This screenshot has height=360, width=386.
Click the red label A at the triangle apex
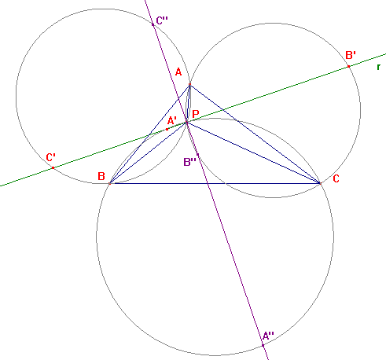[x=178, y=72]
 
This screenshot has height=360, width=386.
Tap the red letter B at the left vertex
[x=101, y=176]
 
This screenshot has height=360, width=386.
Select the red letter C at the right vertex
[x=336, y=178]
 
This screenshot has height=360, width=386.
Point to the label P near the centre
[x=196, y=114]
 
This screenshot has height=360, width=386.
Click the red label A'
[x=172, y=121]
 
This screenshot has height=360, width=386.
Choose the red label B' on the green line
[x=351, y=55]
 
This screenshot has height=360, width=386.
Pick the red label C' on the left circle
[x=50, y=157]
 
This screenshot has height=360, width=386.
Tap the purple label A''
[x=268, y=336]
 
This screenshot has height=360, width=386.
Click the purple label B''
[x=190, y=162]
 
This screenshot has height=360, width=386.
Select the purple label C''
[x=162, y=20]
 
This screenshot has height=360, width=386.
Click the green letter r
[x=378, y=67]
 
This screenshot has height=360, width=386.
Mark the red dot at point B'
[x=348, y=67]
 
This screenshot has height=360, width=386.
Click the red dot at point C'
[x=53, y=167]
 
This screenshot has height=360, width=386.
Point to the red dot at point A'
[x=167, y=129]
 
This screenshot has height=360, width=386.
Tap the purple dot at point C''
[x=153, y=24]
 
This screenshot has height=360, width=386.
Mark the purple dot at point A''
[x=263, y=346]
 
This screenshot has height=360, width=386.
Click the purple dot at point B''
[x=197, y=155]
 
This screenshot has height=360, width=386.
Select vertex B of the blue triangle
[x=110, y=183]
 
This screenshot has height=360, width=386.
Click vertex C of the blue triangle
[x=320, y=183]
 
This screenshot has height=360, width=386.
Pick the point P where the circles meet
[x=187, y=122]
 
